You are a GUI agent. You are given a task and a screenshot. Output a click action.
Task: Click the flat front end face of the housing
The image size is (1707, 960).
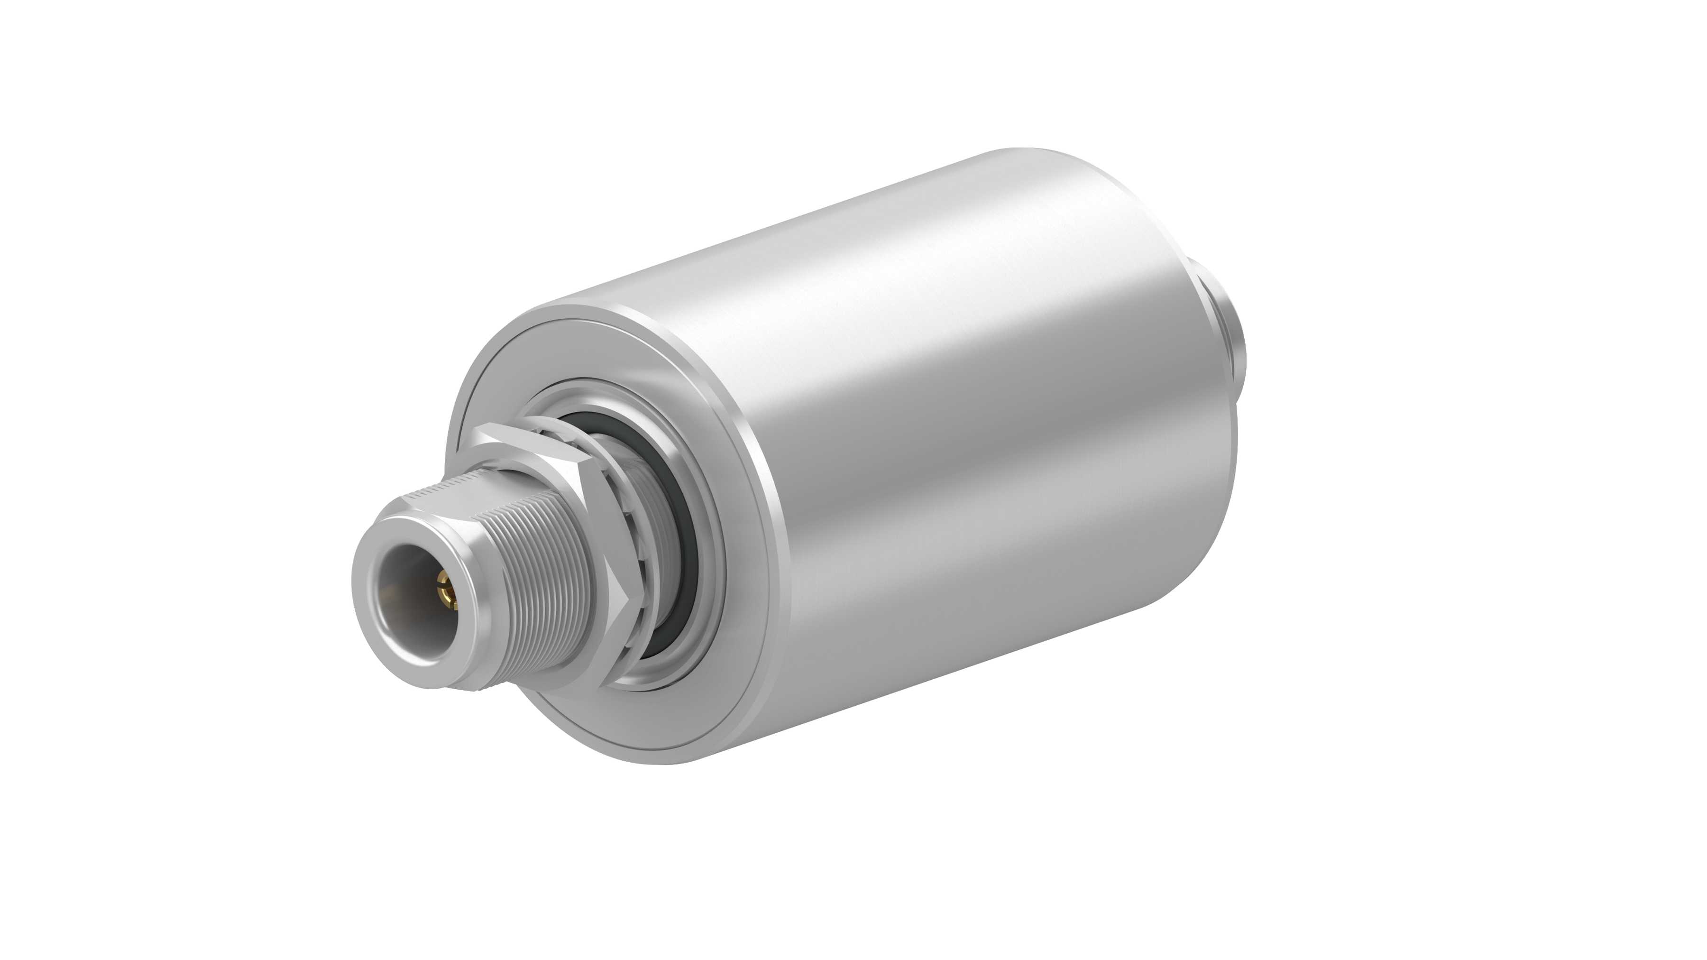click(504, 371)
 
